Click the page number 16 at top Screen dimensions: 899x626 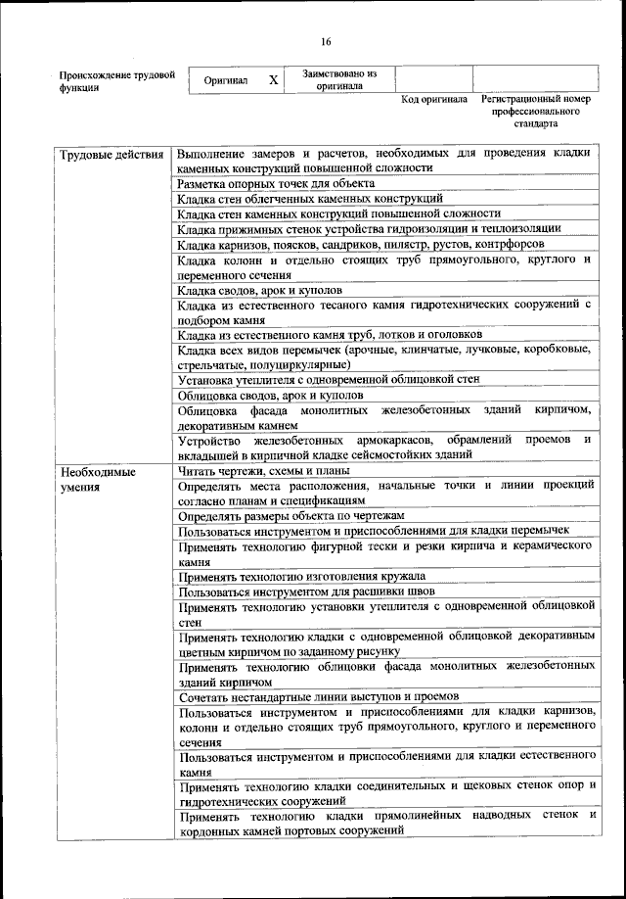tap(326, 41)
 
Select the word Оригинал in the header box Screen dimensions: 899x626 tap(225, 80)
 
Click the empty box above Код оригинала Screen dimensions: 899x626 tap(433, 78)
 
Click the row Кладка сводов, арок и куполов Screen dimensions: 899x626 tap(260, 291)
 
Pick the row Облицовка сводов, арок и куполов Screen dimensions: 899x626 tap(268, 395)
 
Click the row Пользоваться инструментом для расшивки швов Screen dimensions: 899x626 tap(306, 591)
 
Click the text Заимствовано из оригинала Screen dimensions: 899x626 tap(339, 79)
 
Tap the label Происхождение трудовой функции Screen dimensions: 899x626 tap(116, 80)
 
